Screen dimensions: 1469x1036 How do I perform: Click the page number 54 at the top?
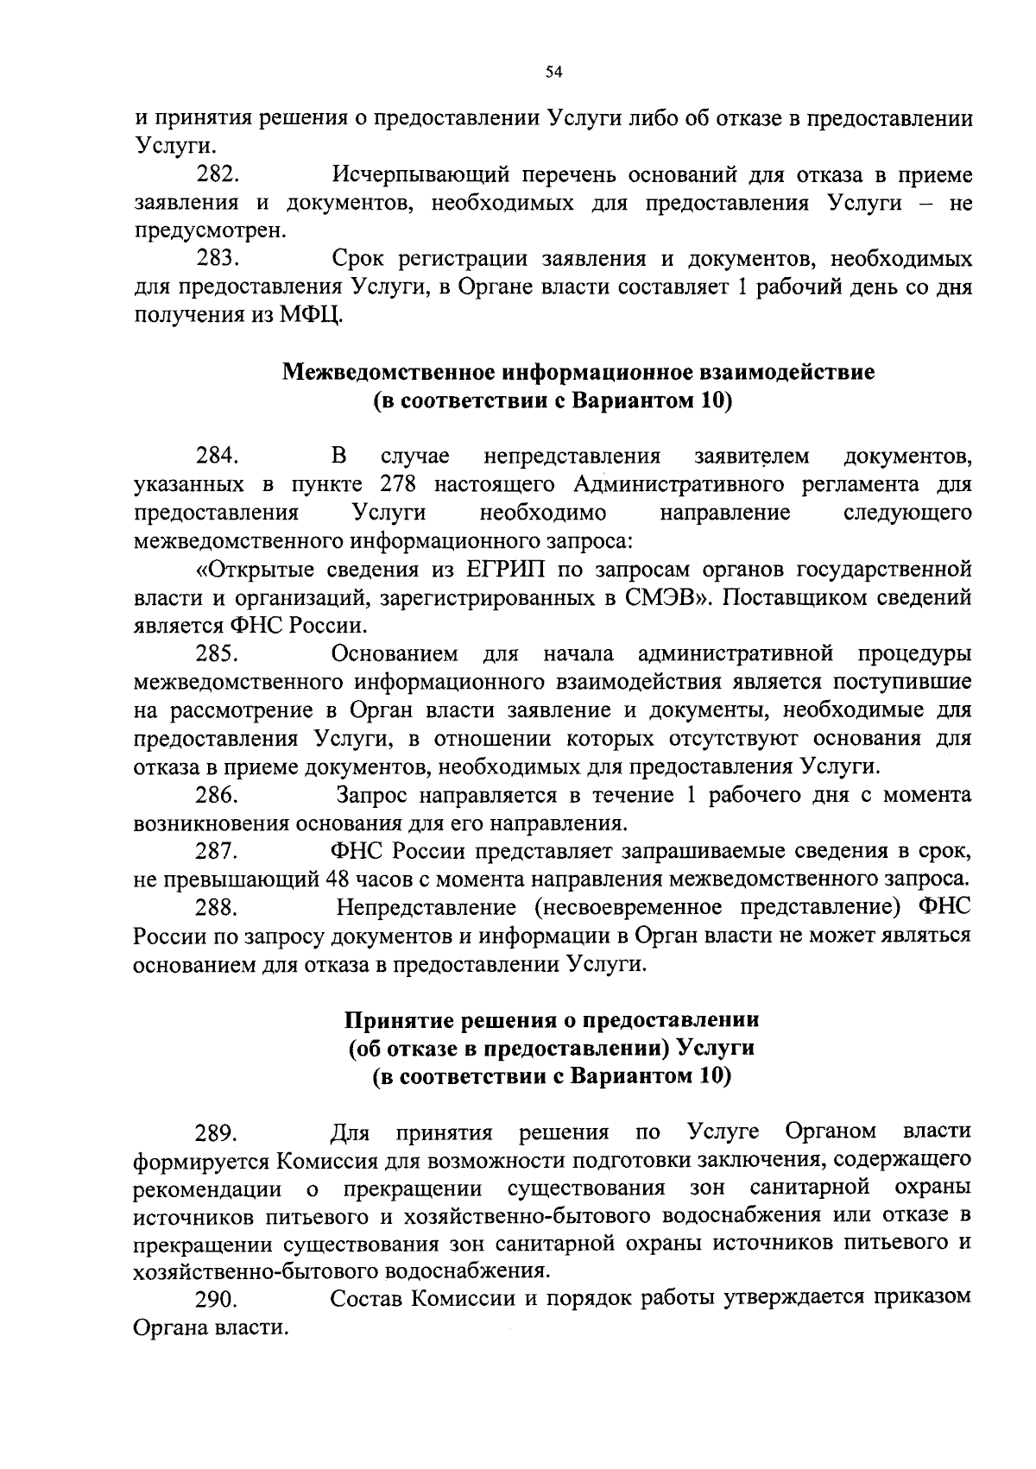553,73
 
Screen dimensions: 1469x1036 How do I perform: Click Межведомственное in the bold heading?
389,373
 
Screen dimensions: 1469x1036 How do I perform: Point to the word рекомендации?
207,1188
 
